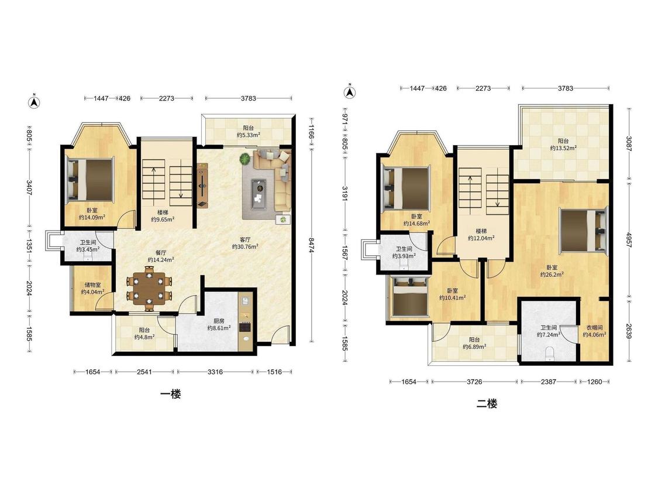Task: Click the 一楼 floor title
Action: (171, 394)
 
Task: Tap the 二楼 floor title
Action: (487, 404)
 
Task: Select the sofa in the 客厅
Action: (273, 179)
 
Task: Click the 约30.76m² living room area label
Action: (245, 247)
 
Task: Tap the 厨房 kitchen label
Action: (219, 321)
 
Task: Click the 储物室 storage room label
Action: (93, 285)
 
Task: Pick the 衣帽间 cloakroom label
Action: (594, 328)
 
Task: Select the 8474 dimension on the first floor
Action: (311, 245)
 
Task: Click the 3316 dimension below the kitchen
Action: (215, 372)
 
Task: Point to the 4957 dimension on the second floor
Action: (629, 239)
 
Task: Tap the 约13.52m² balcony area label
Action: (563, 148)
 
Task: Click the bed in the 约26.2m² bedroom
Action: (583, 231)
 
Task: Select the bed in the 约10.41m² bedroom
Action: (409, 296)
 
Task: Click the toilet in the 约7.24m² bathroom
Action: (549, 354)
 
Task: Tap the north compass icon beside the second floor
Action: (349, 91)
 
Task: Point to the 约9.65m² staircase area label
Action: (163, 219)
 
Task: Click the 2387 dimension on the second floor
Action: (548, 382)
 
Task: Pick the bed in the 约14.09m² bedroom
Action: (90, 179)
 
